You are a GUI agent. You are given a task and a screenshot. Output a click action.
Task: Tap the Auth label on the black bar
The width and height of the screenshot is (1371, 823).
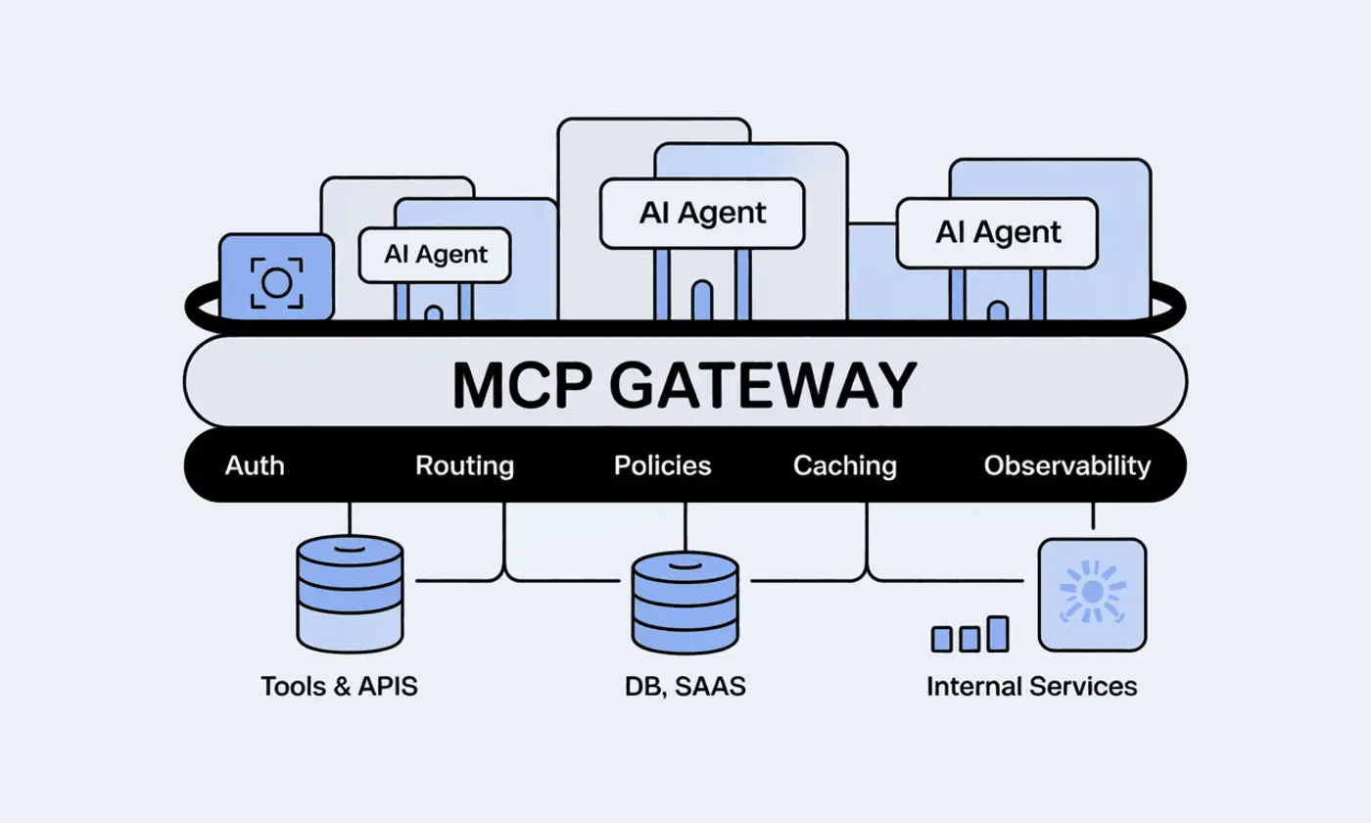pos(255,464)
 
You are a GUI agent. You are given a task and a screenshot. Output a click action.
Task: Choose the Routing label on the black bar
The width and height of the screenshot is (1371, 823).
pos(464,464)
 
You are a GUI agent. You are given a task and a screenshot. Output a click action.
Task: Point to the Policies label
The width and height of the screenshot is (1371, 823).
pos(662,464)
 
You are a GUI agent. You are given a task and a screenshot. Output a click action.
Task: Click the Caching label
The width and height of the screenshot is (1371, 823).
pos(844,464)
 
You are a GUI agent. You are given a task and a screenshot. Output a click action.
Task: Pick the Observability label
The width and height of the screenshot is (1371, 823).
pos(1066,464)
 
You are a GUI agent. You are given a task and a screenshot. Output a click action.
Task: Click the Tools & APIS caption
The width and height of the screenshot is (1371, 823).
pos(339,686)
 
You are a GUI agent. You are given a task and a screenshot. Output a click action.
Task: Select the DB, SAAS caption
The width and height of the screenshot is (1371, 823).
pos(685,686)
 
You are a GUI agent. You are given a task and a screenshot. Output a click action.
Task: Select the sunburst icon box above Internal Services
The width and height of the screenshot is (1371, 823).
pos(1092,594)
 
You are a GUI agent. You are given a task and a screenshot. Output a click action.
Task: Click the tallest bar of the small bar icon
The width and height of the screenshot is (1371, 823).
pos(997,633)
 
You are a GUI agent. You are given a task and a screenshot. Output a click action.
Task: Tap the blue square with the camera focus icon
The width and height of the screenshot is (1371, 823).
pos(275,278)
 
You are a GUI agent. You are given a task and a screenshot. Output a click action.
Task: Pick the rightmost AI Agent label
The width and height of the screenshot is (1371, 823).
pos(997,232)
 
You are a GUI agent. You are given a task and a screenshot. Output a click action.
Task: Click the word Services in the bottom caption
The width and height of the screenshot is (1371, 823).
pos(1083,686)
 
